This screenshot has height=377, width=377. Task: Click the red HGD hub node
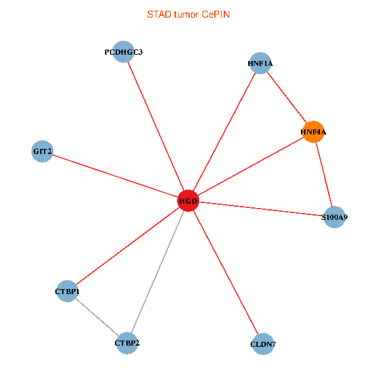pyautogui.click(x=188, y=201)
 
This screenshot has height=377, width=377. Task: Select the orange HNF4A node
pyautogui.click(x=313, y=132)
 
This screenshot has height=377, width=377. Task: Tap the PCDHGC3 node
pyautogui.click(x=124, y=52)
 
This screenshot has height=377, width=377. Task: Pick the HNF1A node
pyautogui.click(x=260, y=63)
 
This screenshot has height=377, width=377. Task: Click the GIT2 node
pyautogui.click(x=42, y=151)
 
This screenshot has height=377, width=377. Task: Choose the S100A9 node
pyautogui.click(x=334, y=217)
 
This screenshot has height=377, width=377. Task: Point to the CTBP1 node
pyautogui.click(x=67, y=291)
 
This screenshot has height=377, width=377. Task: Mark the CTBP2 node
pyautogui.click(x=127, y=343)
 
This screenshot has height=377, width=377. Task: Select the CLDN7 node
pyautogui.click(x=263, y=344)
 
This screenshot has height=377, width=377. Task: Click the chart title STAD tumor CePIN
pyautogui.click(x=188, y=14)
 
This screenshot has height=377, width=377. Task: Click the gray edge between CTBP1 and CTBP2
pyautogui.click(x=97, y=317)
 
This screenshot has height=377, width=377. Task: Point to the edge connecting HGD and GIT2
pyautogui.click(x=115, y=176)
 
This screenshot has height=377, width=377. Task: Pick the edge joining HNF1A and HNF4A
pyautogui.click(x=286, y=97)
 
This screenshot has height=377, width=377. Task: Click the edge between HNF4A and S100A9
pyautogui.click(x=324, y=175)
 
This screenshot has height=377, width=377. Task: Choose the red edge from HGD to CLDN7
pyautogui.click(x=225, y=272)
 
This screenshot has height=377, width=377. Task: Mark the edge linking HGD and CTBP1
pyautogui.click(x=128, y=246)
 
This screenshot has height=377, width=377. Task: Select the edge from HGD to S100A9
pyautogui.click(x=261, y=209)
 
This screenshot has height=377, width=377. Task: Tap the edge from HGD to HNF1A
pyautogui.click(x=224, y=132)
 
